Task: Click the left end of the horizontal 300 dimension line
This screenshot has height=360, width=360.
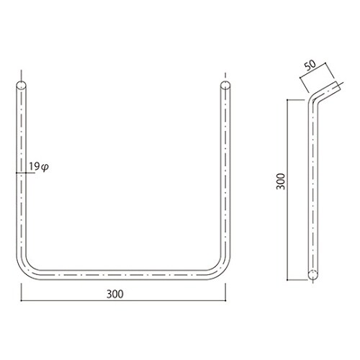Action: tap(21, 301)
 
